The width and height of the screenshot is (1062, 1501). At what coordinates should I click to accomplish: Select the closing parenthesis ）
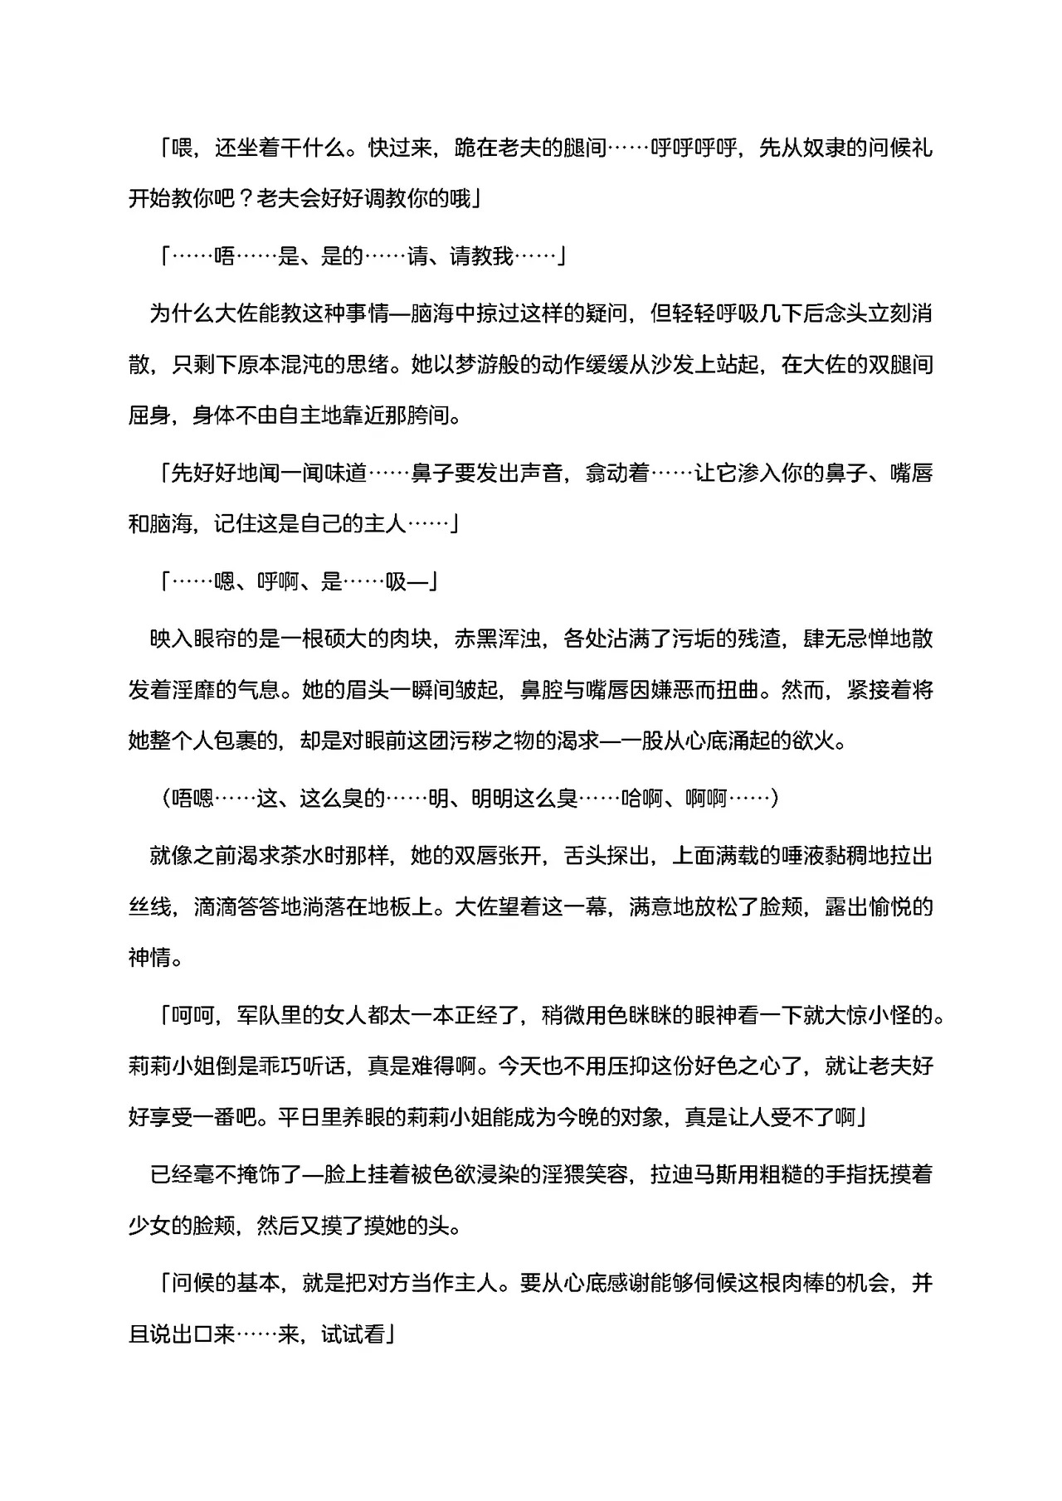tap(773, 799)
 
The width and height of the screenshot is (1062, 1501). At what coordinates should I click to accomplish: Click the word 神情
tap(150, 958)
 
